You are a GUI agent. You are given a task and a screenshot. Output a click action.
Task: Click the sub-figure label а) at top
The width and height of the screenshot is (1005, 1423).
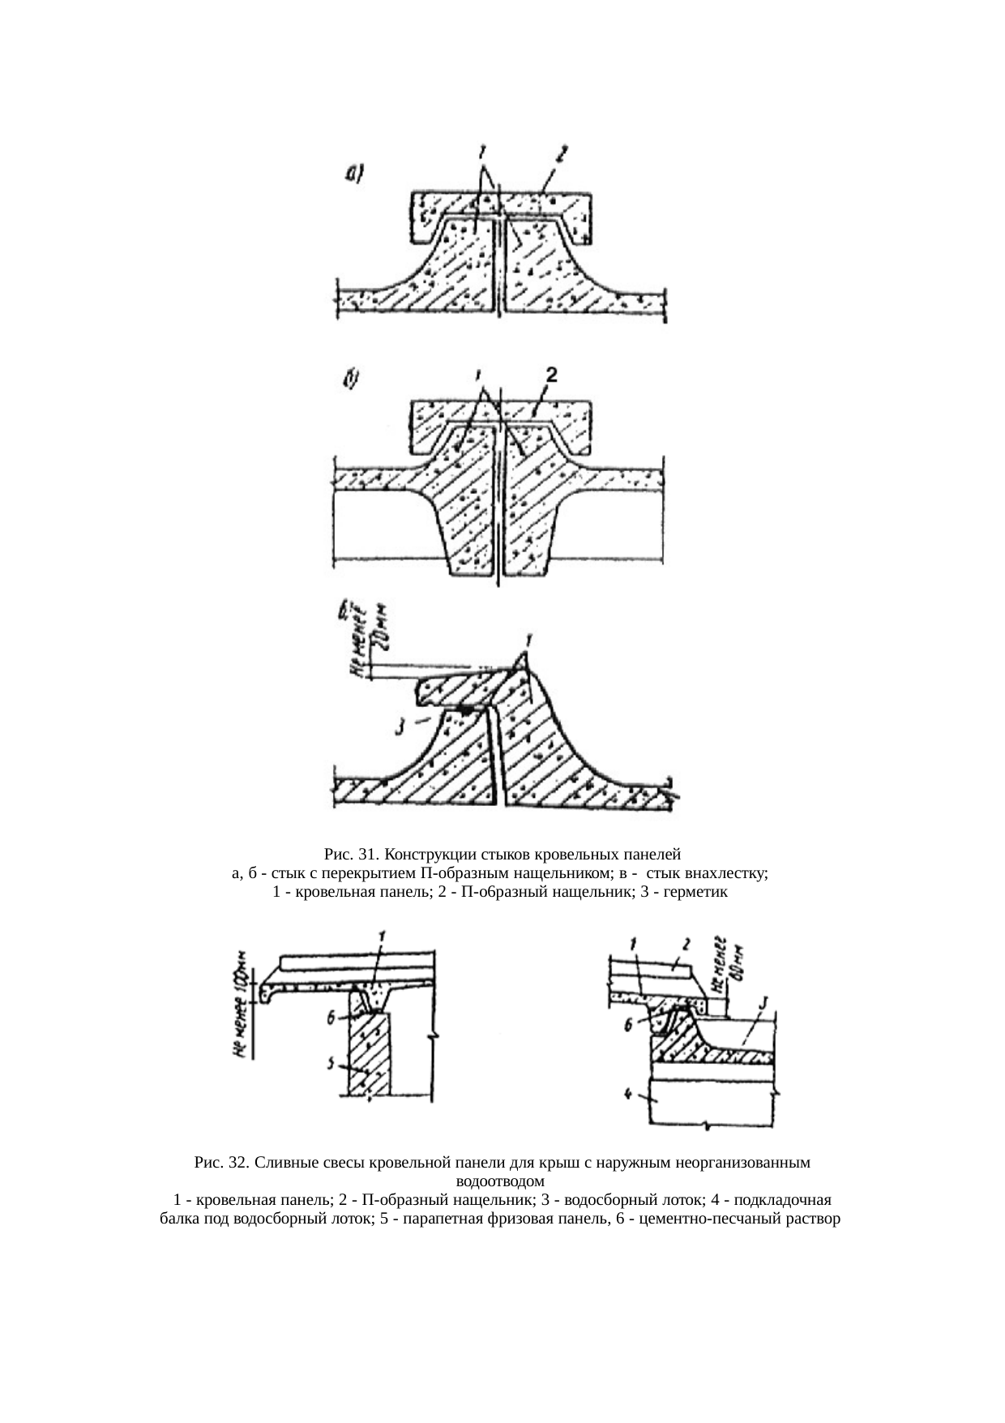[x=354, y=172]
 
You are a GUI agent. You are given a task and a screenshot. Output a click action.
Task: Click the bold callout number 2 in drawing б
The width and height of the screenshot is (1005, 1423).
[x=551, y=375]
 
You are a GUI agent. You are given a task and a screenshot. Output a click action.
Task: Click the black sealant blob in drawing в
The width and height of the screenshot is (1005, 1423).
[x=464, y=711]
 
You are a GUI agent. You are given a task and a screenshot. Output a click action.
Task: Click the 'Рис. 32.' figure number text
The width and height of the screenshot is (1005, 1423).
[x=220, y=1163]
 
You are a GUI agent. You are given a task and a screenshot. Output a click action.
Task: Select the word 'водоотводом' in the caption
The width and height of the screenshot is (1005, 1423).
[x=502, y=1181]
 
